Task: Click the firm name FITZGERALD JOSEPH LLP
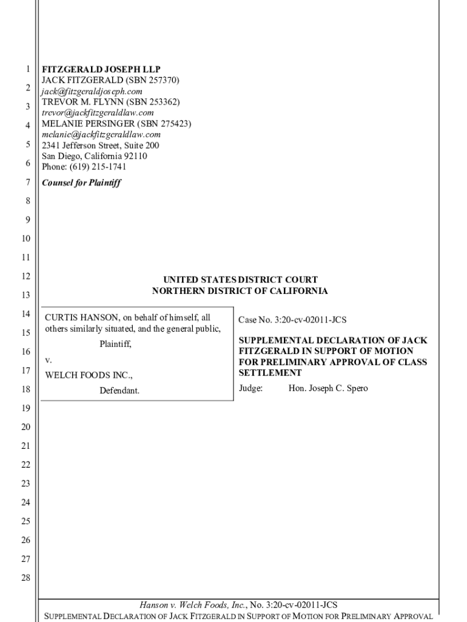[101, 69]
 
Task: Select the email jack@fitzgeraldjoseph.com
[92, 91]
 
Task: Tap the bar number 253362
[163, 102]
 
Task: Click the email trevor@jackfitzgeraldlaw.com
[98, 113]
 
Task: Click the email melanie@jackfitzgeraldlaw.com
[101, 135]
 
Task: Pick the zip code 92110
[134, 157]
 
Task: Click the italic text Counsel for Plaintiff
[81, 183]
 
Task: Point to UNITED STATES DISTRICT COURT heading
[240, 280]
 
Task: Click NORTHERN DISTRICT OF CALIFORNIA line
[240, 291]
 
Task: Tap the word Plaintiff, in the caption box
[115, 344]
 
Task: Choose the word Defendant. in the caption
[119, 391]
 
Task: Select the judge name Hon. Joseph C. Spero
[328, 388]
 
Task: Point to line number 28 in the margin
[25, 578]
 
